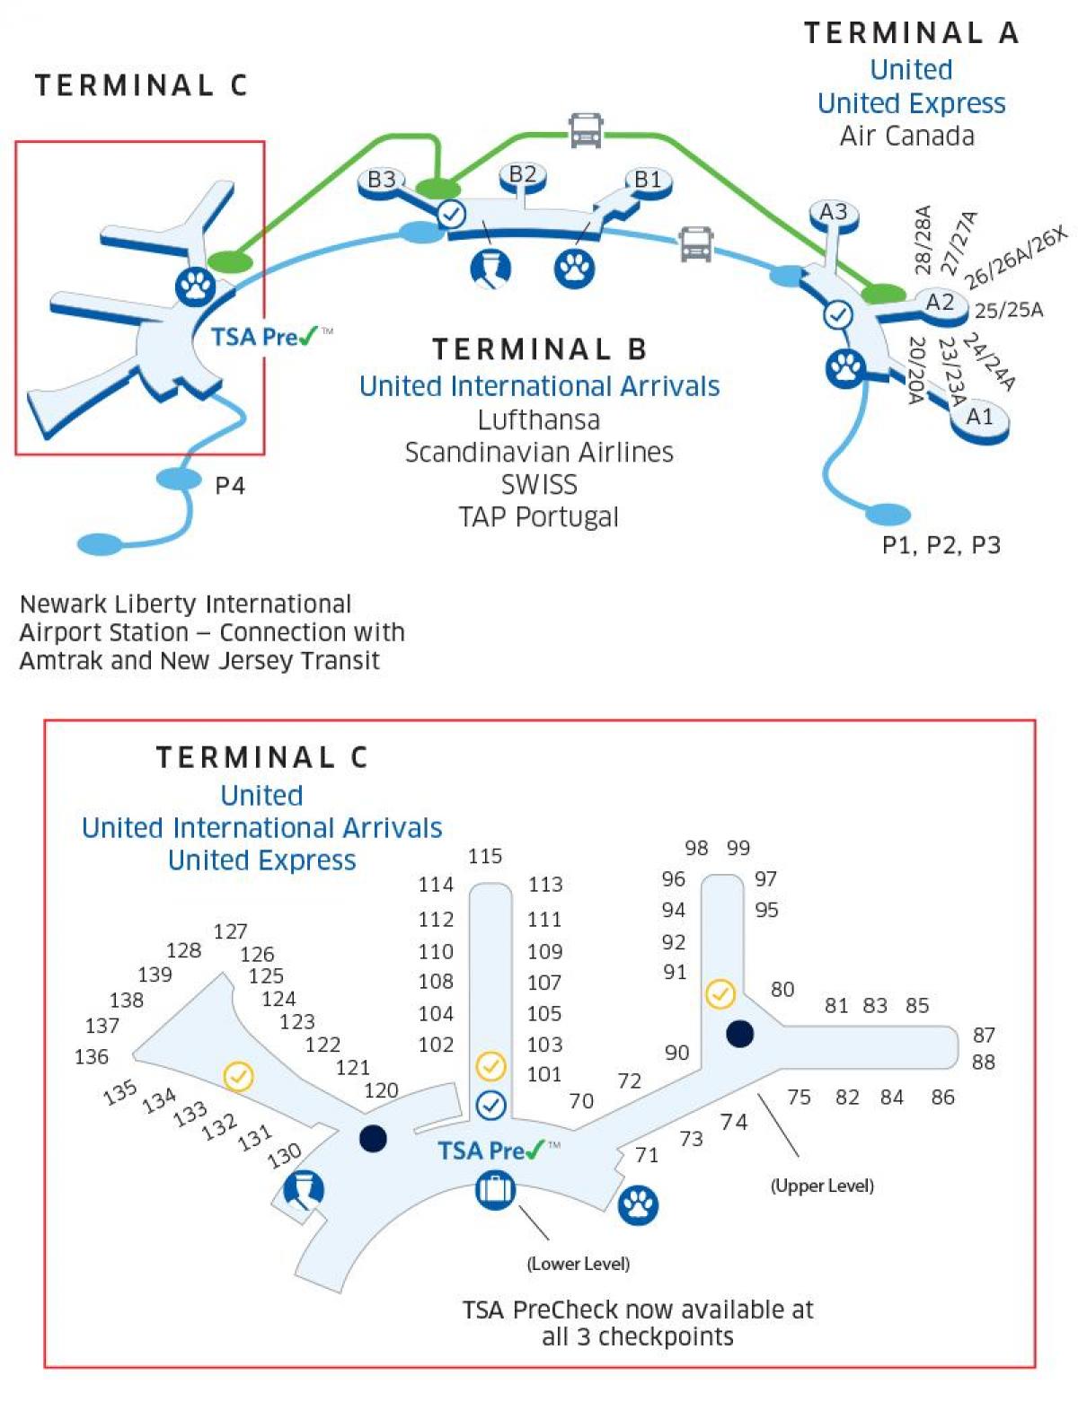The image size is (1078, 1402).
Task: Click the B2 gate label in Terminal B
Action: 522,173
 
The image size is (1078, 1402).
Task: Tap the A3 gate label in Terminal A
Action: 833,212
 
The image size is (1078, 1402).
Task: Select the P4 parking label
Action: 230,486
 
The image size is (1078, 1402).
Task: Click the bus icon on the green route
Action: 586,130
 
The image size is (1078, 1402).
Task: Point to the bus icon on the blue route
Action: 696,243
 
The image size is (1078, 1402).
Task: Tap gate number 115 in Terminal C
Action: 485,856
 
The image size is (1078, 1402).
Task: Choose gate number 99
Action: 738,848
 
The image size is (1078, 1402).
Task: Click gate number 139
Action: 155,974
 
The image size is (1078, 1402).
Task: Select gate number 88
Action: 984,1063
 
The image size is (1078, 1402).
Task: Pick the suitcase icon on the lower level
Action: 494,1191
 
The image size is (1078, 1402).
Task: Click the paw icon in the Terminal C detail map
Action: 638,1205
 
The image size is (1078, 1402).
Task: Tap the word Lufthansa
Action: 538,419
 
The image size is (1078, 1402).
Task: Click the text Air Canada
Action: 907,136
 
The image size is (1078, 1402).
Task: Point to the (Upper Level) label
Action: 822,1186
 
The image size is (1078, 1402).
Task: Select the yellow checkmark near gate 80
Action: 720,993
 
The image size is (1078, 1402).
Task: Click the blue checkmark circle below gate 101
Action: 490,1105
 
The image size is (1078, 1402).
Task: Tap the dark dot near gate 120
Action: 373,1139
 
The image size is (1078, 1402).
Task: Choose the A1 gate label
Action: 979,417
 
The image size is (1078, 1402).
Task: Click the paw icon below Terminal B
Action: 574,268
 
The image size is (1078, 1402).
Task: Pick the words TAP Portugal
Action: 538,517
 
